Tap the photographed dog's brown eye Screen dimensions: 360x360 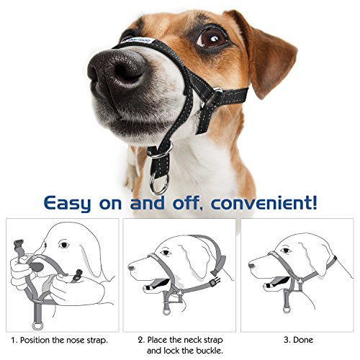click(211, 38)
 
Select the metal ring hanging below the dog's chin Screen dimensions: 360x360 click(159, 184)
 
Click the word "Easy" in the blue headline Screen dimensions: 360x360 click(68, 204)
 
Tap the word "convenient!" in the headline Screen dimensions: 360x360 click(264, 203)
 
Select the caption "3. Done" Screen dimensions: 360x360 click(298, 340)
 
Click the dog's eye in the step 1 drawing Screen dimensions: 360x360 click(64, 246)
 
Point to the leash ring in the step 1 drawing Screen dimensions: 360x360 click(37, 326)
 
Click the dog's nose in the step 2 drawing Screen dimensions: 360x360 click(131, 268)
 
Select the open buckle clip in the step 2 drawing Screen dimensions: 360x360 click(215, 282)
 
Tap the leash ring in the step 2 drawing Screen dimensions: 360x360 click(166, 311)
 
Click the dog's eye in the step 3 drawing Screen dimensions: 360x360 click(286, 251)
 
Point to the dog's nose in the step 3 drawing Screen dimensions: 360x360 click(251, 266)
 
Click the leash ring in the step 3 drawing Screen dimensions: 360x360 click(287, 309)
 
